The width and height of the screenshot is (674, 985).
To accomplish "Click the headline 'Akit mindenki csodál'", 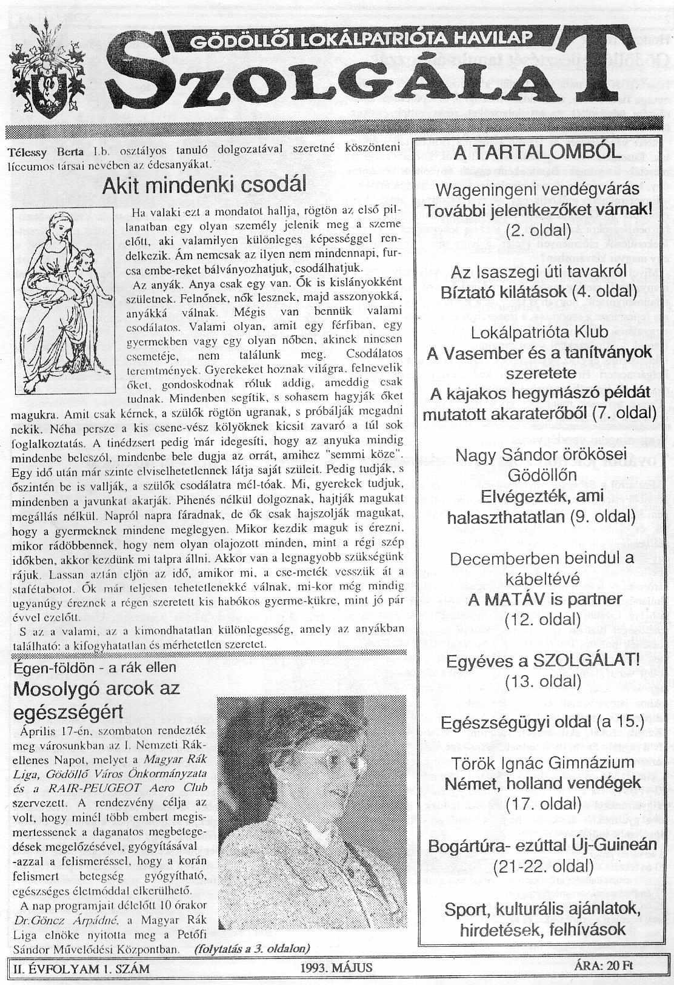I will coord(204,185).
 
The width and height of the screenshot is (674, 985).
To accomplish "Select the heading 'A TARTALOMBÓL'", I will coord(538,152).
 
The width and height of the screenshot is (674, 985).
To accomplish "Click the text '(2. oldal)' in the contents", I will coord(538,230).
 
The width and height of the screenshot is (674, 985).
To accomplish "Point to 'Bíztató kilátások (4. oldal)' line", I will coord(538,292).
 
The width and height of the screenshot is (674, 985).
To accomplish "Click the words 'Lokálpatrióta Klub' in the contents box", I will coord(538,332).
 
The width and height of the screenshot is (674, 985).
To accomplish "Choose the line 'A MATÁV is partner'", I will coord(538,599).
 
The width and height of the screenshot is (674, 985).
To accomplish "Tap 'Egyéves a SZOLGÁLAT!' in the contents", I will coord(542,661).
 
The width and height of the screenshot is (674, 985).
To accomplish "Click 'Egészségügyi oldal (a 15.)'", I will coord(542,722).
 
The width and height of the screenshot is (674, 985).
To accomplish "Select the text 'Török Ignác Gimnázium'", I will coord(542,762).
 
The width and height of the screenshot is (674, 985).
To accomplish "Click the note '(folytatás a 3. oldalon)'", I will coord(253,947).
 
